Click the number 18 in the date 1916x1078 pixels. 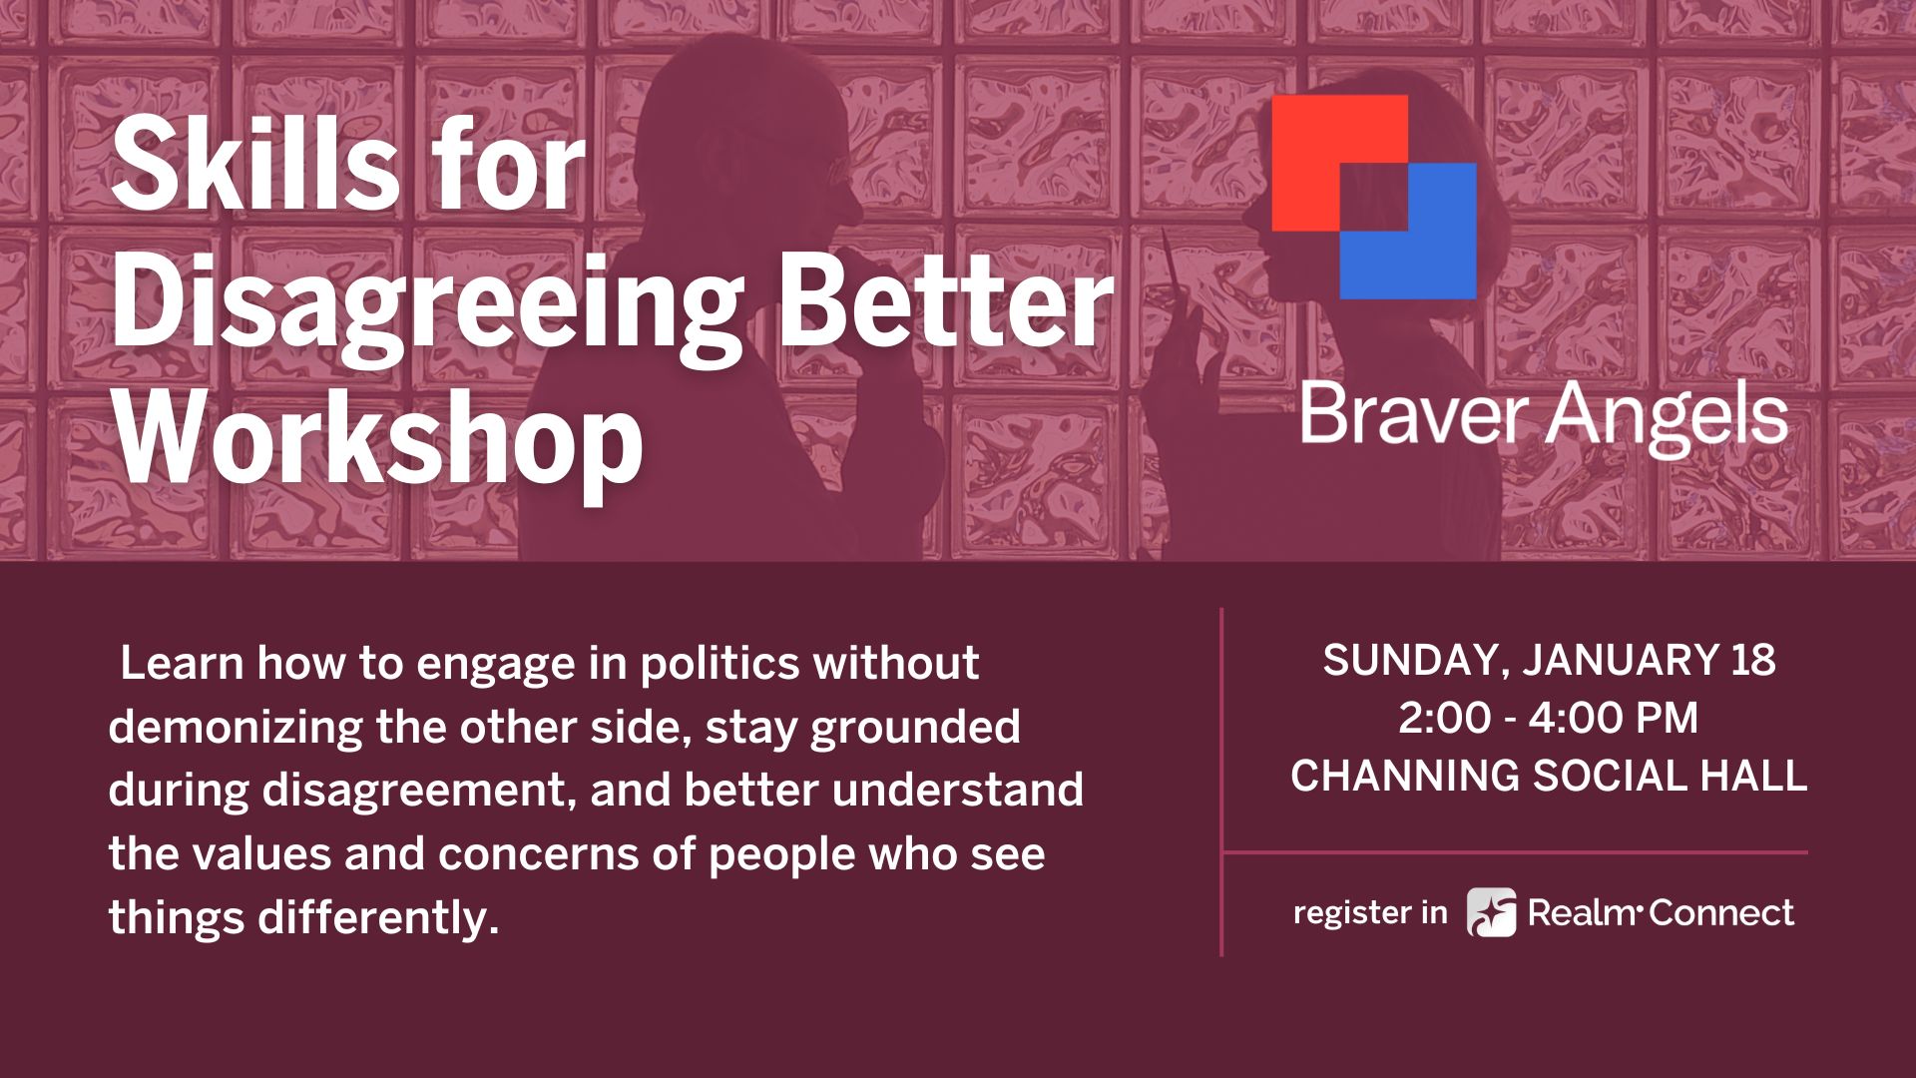(x=1753, y=661)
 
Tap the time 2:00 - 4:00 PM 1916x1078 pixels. (x=1548, y=718)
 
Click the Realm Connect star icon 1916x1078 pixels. (x=1491, y=912)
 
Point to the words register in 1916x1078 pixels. (x=1370, y=912)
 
